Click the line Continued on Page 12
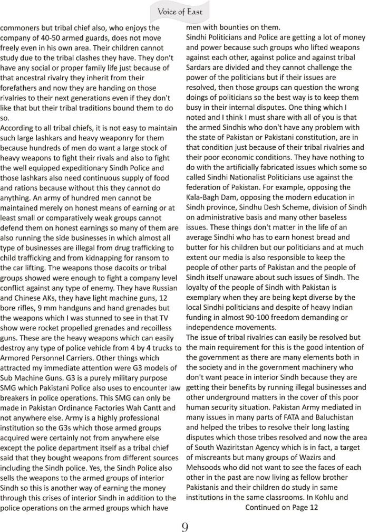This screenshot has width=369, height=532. [x=282, y=508]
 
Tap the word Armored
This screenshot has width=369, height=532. [x=17, y=357]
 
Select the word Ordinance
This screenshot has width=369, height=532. [x=76, y=407]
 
